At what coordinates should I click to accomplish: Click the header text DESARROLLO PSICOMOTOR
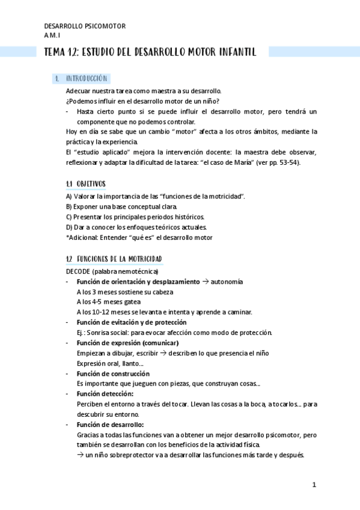pyautogui.click(x=85, y=26)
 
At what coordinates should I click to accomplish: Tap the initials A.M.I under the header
pyautogui.click(x=52, y=35)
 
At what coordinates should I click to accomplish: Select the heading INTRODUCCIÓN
pyautogui.click(x=87, y=79)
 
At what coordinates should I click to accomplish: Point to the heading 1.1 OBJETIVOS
pyautogui.click(x=85, y=183)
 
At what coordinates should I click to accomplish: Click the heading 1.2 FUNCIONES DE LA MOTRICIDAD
pyautogui.click(x=114, y=259)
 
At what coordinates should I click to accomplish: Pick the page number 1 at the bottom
pyautogui.click(x=314, y=485)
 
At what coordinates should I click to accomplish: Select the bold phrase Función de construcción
pyautogui.click(x=114, y=373)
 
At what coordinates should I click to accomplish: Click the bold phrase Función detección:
pyautogui.click(x=105, y=394)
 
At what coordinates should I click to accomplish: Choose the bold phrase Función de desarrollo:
pyautogui.click(x=111, y=425)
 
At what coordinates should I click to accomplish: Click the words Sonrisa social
pyautogui.click(x=108, y=333)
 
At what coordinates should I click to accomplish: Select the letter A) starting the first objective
pyautogui.click(x=69, y=196)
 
